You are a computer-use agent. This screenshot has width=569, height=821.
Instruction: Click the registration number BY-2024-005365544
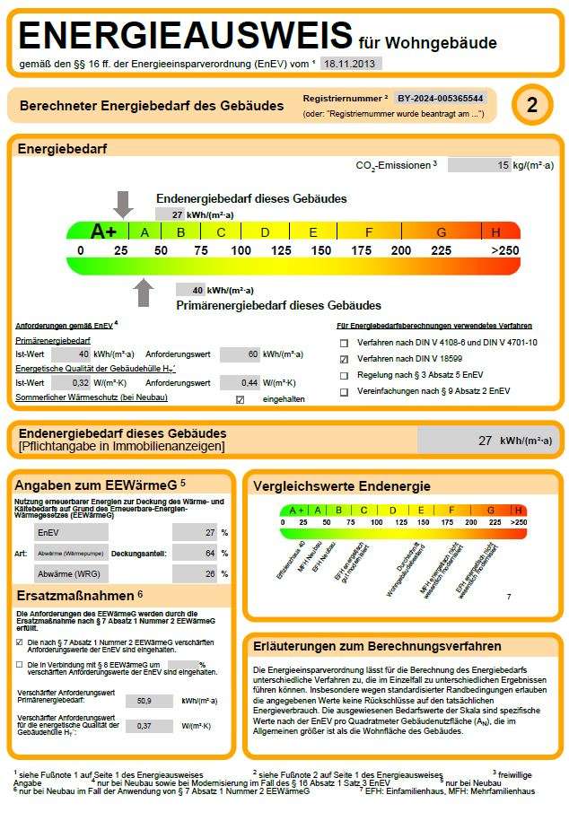coord(440,98)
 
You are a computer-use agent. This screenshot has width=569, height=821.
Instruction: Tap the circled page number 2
coord(532,106)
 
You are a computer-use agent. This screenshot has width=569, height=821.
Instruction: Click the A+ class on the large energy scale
coord(103,231)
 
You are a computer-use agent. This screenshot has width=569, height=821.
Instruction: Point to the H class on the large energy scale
coord(496,231)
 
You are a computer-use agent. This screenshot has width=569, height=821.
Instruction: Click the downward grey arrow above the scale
coord(124,204)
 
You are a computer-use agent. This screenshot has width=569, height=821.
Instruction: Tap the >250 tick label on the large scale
coord(504,250)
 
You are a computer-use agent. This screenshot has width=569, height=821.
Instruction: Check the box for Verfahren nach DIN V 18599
coord(343,359)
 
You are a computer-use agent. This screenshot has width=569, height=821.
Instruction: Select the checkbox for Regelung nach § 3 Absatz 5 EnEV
coord(343,375)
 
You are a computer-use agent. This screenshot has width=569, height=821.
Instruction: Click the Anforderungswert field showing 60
coord(239,354)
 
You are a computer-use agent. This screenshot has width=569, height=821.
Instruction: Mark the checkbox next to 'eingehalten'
coord(239,399)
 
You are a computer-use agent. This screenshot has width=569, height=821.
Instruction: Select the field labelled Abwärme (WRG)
coord(71,574)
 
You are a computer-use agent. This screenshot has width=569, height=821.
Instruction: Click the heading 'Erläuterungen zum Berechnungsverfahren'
coord(377,646)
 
